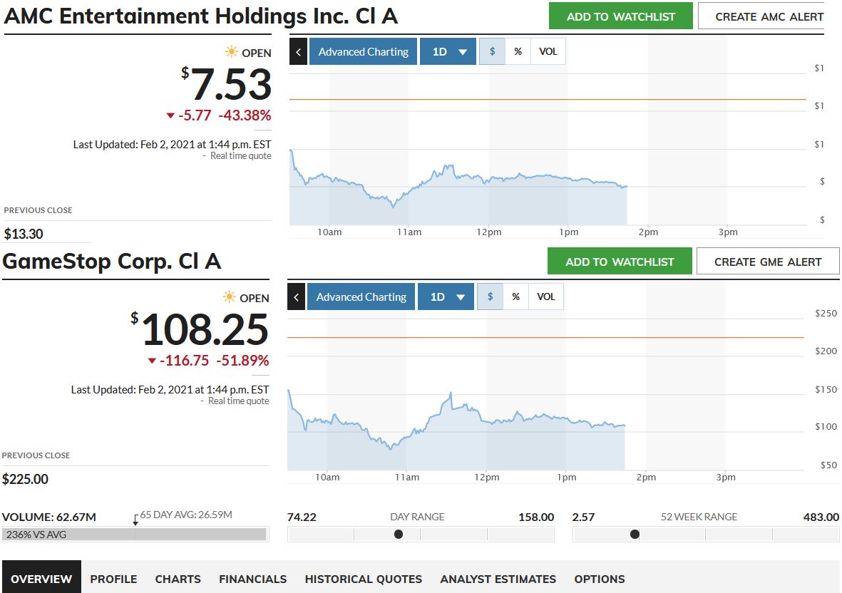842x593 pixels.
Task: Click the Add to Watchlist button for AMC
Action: (620, 16)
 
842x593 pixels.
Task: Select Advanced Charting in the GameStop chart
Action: (361, 297)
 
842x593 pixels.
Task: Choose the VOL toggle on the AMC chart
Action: (548, 52)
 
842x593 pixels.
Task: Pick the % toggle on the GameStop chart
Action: (516, 297)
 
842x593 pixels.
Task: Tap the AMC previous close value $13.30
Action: (23, 234)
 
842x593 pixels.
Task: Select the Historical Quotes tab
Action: (363, 579)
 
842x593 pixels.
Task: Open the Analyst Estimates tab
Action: (498, 579)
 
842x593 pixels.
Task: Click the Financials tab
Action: (252, 579)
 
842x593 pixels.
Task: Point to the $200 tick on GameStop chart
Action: (826, 351)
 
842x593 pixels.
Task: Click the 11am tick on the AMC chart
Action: (409, 232)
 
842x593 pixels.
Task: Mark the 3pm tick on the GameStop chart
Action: (725, 478)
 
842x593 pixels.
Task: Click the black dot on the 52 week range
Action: (635, 534)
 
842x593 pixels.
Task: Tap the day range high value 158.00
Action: (535, 517)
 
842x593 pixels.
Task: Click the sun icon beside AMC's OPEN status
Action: (231, 52)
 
